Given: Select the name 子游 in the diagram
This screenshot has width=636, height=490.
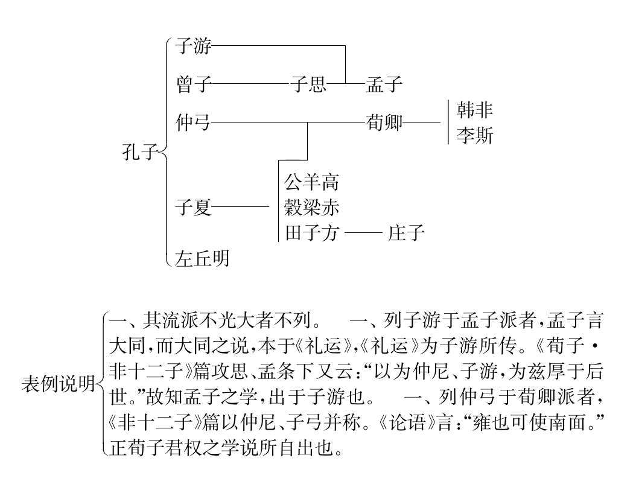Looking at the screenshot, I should click(193, 46).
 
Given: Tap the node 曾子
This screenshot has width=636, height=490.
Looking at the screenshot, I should click(193, 84).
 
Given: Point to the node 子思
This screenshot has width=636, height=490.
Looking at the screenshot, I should click(308, 84).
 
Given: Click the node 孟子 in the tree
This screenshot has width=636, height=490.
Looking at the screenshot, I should click(384, 84).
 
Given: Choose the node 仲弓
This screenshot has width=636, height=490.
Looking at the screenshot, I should click(193, 122).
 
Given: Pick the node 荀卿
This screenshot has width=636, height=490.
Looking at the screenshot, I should click(384, 122).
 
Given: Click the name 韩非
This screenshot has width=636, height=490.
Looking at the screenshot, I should click(475, 110).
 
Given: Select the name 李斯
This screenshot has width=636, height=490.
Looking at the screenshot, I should click(475, 136).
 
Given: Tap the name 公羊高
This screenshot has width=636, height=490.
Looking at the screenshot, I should click(311, 182).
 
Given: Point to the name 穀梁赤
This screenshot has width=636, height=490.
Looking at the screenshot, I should click(311, 208).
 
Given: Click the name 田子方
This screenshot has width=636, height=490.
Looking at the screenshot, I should click(311, 233).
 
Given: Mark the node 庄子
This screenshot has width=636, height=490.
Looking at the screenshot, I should click(407, 233).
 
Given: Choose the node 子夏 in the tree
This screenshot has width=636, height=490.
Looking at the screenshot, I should click(193, 209).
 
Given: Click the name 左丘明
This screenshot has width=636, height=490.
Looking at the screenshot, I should click(202, 259).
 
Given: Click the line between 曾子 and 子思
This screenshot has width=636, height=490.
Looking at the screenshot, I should click(251, 84).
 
